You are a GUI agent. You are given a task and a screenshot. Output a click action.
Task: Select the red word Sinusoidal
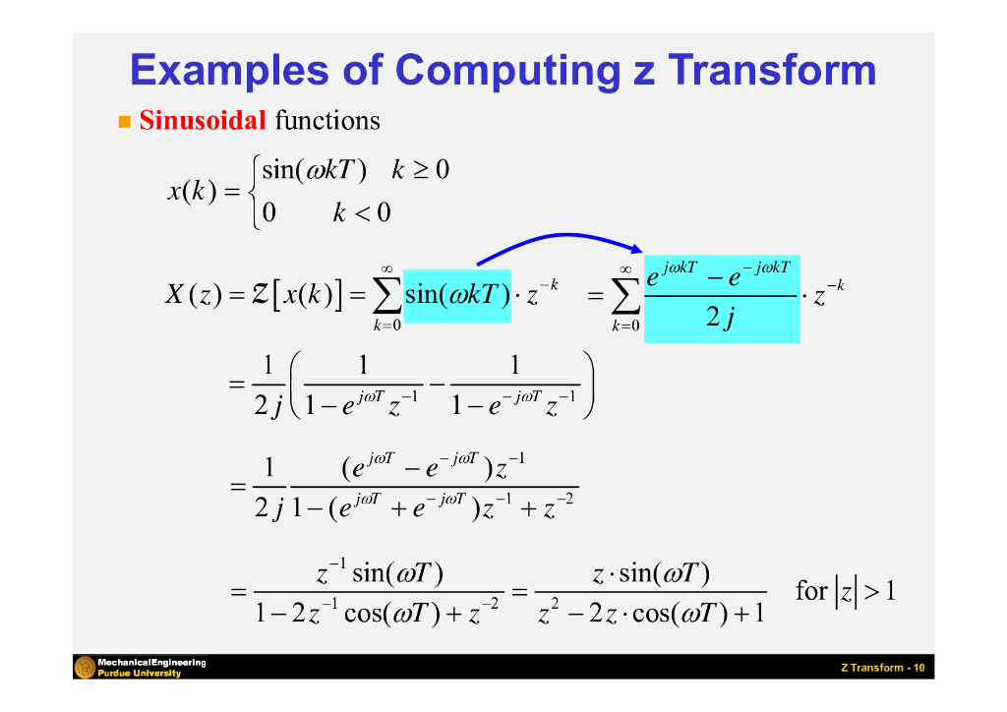(x=203, y=121)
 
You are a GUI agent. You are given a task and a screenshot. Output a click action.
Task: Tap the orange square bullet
(x=124, y=122)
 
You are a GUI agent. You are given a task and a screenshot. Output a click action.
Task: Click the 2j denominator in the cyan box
(x=722, y=319)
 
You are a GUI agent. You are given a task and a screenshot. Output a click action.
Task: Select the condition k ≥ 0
(x=420, y=170)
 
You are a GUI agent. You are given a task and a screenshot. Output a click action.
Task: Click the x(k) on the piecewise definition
(x=191, y=192)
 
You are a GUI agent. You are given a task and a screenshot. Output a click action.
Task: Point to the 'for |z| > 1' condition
(x=846, y=592)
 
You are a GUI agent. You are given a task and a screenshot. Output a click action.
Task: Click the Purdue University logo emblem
(x=85, y=667)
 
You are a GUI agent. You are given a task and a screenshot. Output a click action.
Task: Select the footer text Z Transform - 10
(x=882, y=668)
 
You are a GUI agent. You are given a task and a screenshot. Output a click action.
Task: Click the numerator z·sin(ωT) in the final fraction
(x=651, y=573)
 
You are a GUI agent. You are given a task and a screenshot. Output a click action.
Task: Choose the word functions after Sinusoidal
(x=327, y=121)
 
